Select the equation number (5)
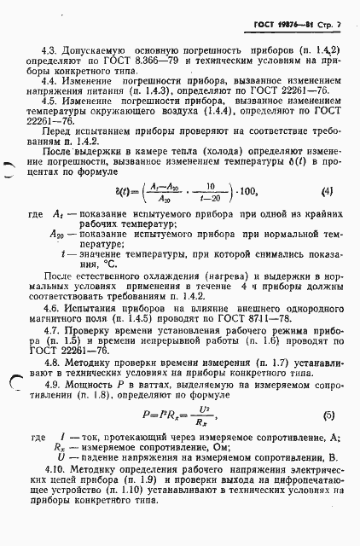pyautogui.click(x=328, y=415)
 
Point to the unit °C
pyautogui.click(x=85, y=276)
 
